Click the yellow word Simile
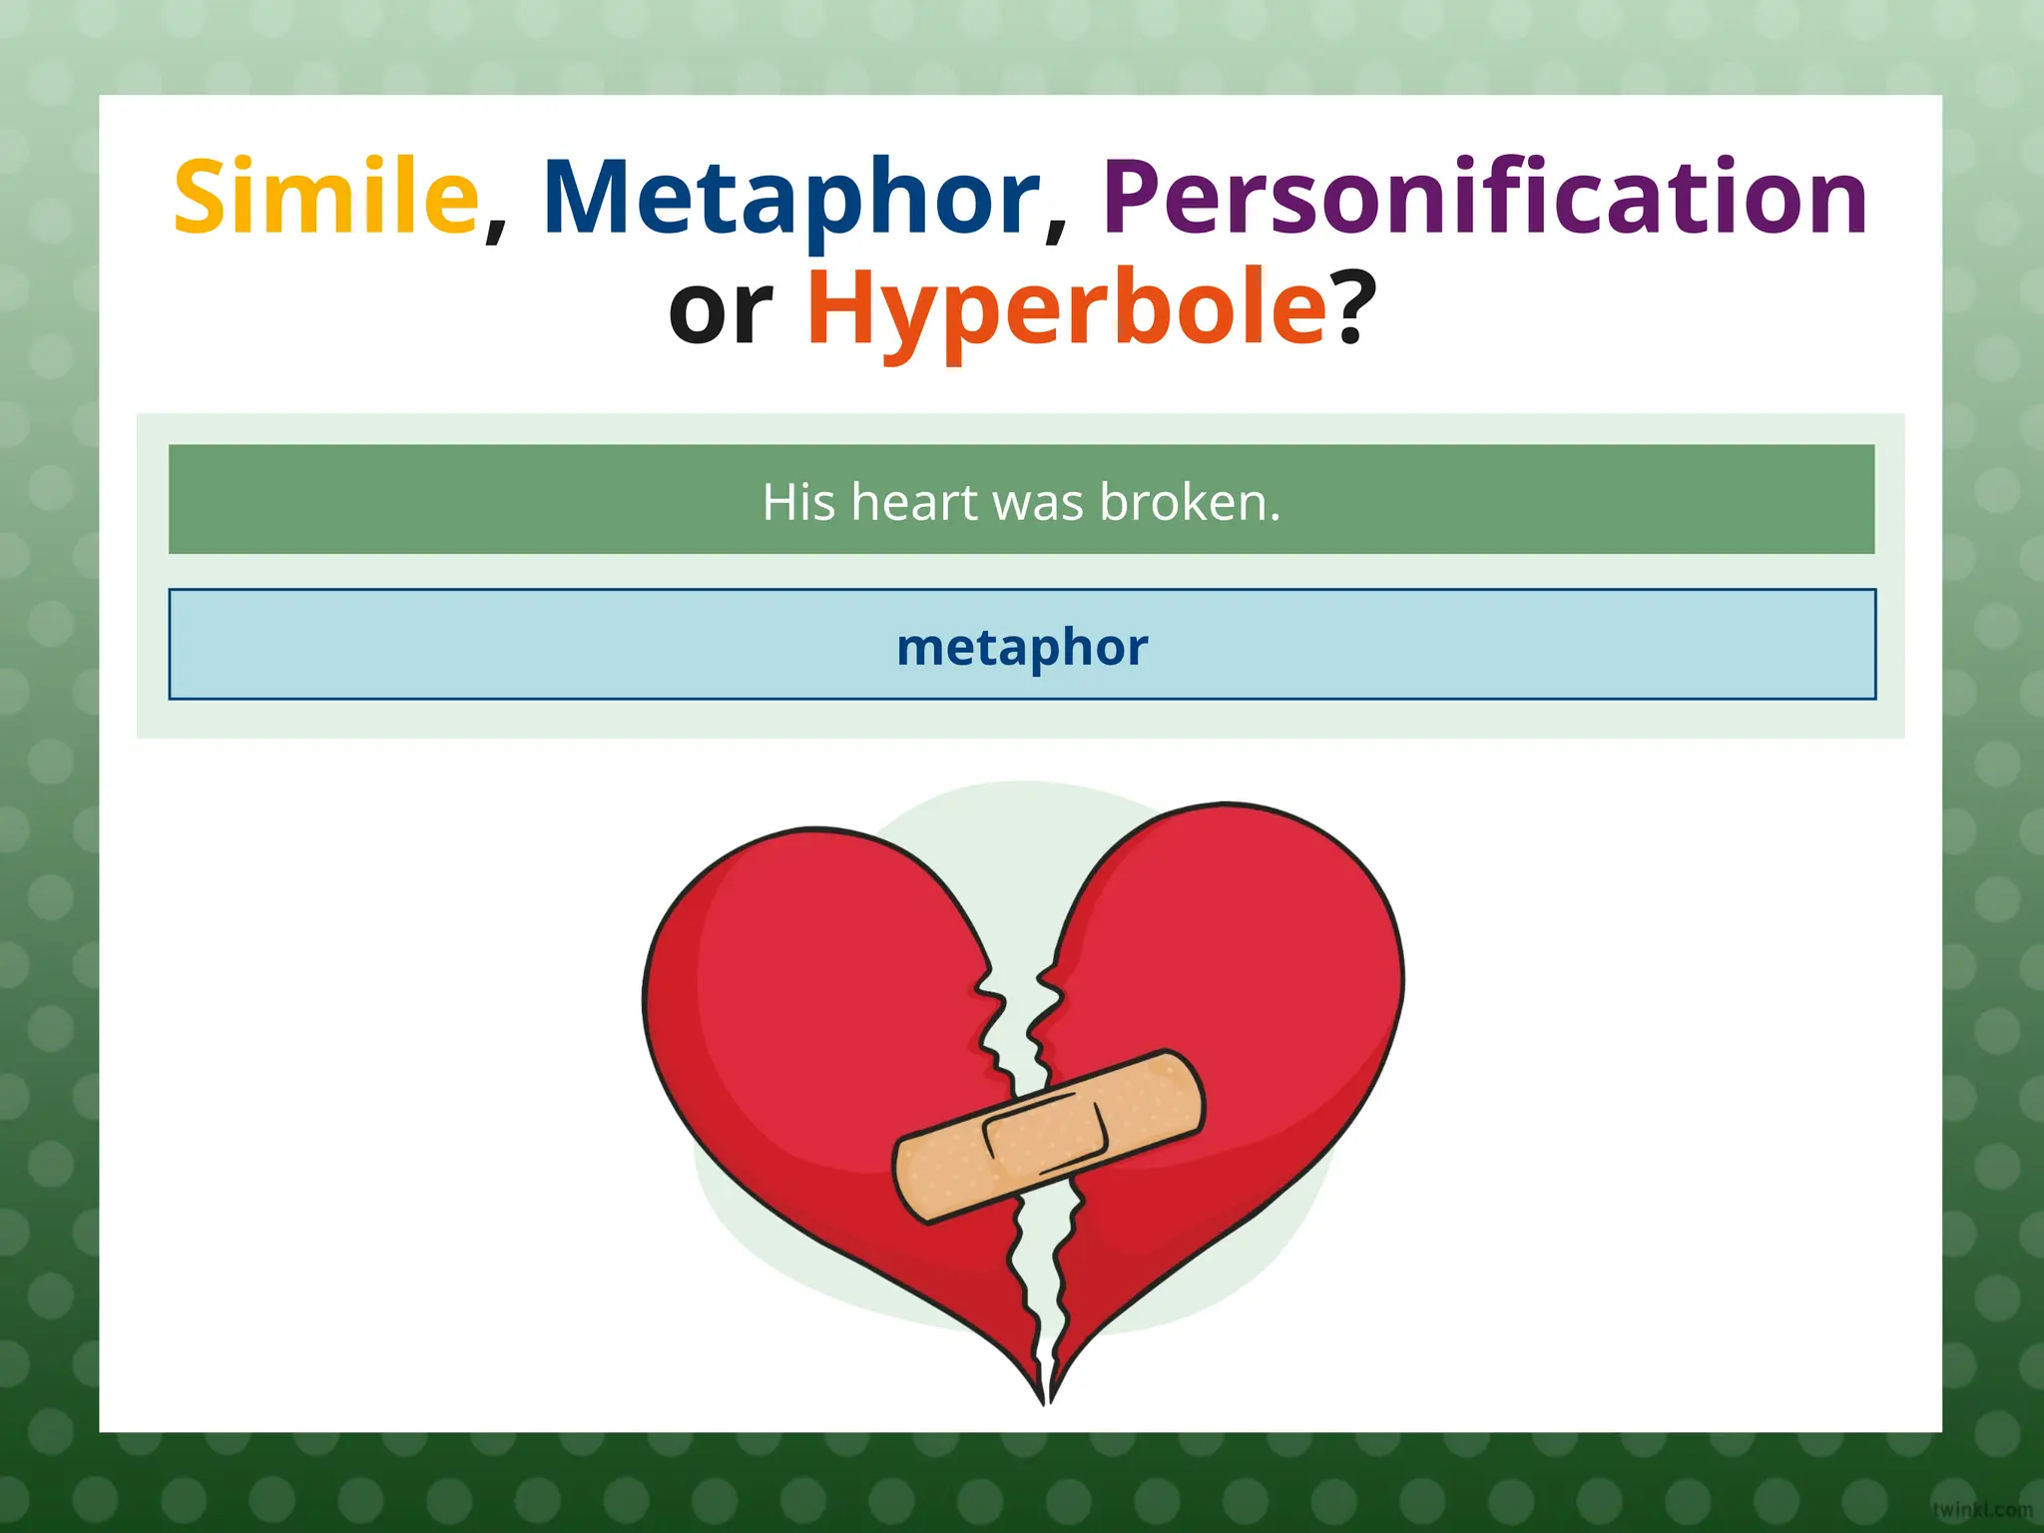click(325, 198)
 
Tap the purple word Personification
click(1484, 198)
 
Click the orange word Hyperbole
click(1066, 309)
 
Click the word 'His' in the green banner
click(798, 501)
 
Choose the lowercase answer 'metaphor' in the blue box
click(1022, 647)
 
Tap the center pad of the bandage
click(1046, 1136)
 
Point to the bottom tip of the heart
click(1046, 1397)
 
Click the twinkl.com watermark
click(1981, 1510)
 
